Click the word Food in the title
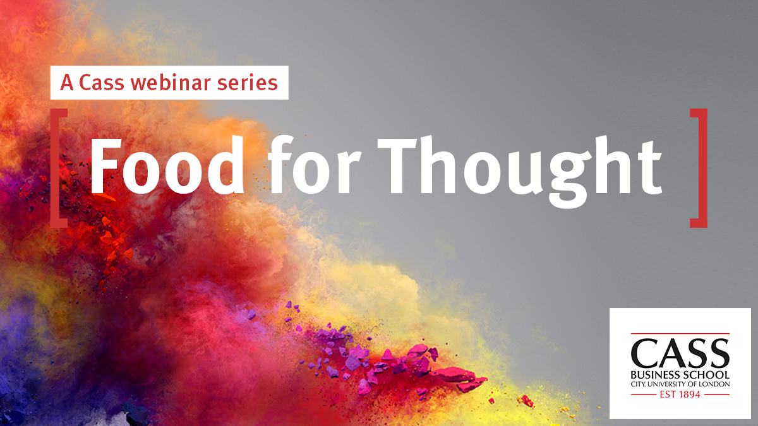167,165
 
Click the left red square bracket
59,168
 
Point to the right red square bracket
699,168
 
